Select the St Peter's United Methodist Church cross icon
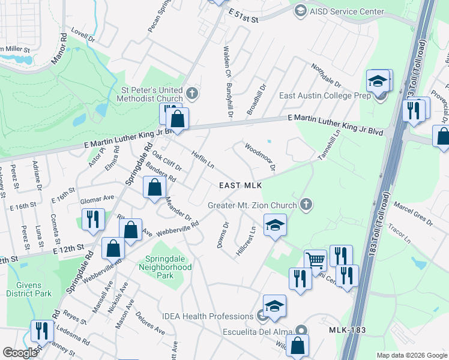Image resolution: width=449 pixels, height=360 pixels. point(192,93)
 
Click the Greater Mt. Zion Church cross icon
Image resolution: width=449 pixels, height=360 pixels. point(306,205)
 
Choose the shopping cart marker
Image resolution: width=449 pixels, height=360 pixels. point(315,260)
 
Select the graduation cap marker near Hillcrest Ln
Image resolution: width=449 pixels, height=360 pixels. point(275,225)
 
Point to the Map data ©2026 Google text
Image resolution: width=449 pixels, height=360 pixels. point(411,355)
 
